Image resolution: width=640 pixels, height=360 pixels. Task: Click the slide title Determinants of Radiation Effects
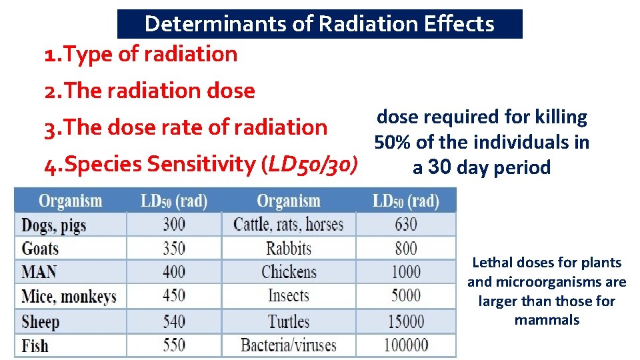pos(319,24)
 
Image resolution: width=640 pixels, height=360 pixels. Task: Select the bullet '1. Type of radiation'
pos(140,54)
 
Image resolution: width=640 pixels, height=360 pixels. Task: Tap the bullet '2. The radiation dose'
pos(149,91)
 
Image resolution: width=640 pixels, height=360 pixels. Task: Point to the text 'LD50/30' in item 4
pos(311,163)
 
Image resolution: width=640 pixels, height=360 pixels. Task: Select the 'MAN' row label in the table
pos(39,272)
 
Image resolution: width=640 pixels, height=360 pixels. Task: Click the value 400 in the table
pos(174,272)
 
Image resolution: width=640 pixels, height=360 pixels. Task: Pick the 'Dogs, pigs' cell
pos(54,225)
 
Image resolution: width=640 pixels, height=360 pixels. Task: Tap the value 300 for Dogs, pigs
pos(174,224)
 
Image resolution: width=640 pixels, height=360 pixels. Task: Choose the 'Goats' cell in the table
pos(40,249)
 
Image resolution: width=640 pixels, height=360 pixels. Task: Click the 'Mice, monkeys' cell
pos(69,297)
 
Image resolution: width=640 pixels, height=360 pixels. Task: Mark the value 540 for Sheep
pos(174,321)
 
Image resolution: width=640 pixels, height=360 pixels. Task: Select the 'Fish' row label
pos(35,345)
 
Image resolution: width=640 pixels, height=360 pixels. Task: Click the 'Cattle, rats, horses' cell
pos(288,224)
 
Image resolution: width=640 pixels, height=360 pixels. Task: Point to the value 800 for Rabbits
pos(405,249)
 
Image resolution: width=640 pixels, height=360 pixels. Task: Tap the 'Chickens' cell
pos(289,272)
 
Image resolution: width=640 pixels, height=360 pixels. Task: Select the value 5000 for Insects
pos(405,296)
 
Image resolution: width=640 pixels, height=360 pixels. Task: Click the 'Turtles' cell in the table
pos(289,321)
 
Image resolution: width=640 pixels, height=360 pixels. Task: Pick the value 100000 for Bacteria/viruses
pos(405,345)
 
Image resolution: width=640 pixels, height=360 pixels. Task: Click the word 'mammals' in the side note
pos(547,320)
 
